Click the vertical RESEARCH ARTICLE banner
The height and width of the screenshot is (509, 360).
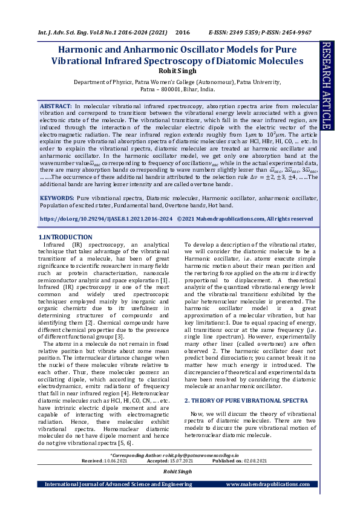(x=326, y=85)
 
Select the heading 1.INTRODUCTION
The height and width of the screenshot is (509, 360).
(x=65, y=237)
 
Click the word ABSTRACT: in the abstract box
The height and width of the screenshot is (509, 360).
(x=56, y=105)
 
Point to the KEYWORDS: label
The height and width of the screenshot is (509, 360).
(x=57, y=197)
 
